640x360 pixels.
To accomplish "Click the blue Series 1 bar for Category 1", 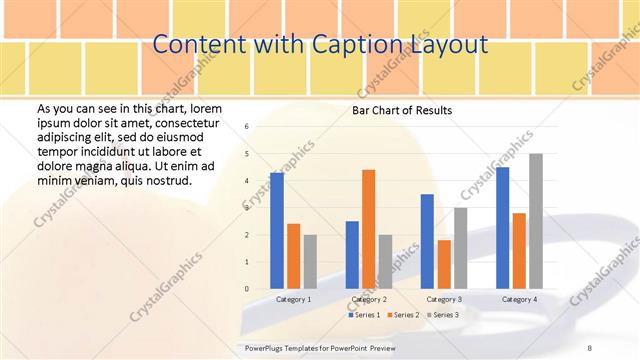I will pyautogui.click(x=277, y=231).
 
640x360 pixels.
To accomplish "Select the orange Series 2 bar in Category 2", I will pyautogui.click(x=369, y=229).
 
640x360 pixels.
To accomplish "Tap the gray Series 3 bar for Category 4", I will pyautogui.click(x=536, y=221).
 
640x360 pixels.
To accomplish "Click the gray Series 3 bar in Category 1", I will pyautogui.click(x=310, y=262).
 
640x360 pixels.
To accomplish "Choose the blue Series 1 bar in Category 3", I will pyautogui.click(x=427, y=241).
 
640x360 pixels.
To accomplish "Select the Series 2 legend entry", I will pyautogui.click(x=402, y=315).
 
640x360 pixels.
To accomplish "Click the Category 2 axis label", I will pyautogui.click(x=369, y=299).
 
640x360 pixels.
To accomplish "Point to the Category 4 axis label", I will pyautogui.click(x=519, y=299).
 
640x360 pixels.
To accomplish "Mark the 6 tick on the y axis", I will pyautogui.click(x=246, y=127).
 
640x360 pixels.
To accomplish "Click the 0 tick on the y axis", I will pyautogui.click(x=246, y=289).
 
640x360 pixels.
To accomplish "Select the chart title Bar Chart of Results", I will pyautogui.click(x=402, y=110).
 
